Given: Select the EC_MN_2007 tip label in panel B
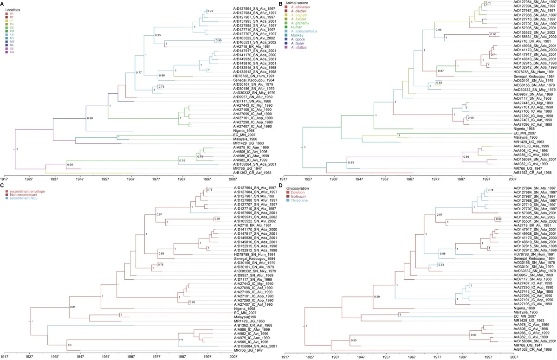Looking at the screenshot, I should click(525, 133).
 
